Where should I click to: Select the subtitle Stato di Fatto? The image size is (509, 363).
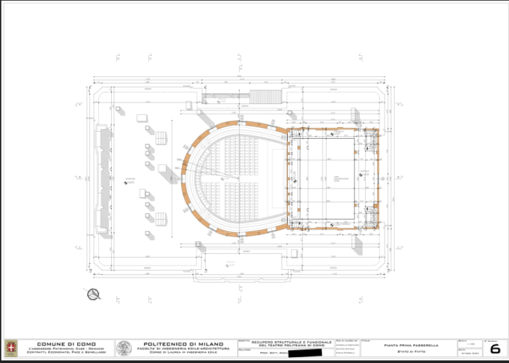tap(406, 352)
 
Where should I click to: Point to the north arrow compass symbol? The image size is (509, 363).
tap(94, 295)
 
